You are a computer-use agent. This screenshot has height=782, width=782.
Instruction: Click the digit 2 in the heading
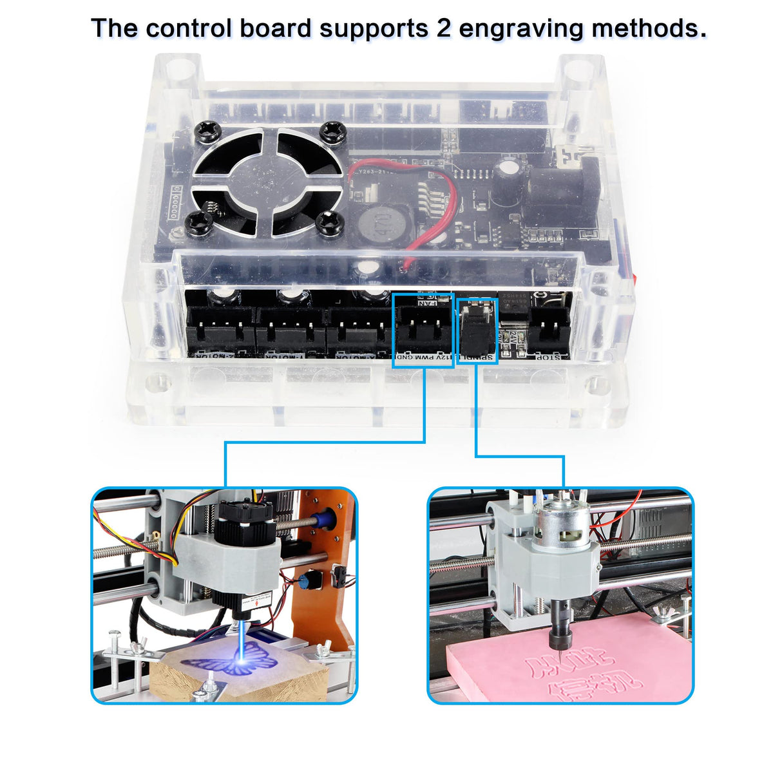tap(444, 29)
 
